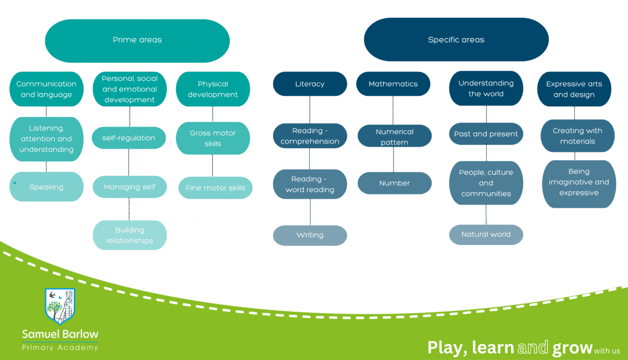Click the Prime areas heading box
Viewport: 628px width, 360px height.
click(x=137, y=40)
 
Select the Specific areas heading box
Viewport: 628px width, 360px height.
click(x=456, y=40)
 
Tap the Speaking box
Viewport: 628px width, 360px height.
click(x=46, y=187)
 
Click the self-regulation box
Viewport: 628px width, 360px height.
click(x=129, y=138)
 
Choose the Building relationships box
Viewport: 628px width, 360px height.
click(x=129, y=235)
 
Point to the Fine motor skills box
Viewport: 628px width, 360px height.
click(x=215, y=188)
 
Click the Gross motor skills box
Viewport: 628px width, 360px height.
click(x=212, y=138)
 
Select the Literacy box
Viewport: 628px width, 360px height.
click(x=310, y=84)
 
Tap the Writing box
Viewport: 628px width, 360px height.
click(x=310, y=235)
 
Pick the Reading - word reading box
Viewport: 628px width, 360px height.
click(x=310, y=184)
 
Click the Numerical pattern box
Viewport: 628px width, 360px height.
click(x=394, y=137)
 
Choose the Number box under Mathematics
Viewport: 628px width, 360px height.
click(x=394, y=183)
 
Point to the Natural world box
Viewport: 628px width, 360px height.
click(x=486, y=234)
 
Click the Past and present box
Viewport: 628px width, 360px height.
click(x=486, y=134)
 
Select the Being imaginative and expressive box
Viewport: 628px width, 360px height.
click(x=578, y=182)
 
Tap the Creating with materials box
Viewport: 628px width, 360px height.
click(x=577, y=136)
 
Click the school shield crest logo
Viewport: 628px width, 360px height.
click(x=60, y=306)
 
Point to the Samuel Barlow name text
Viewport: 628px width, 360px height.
click(x=60, y=334)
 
